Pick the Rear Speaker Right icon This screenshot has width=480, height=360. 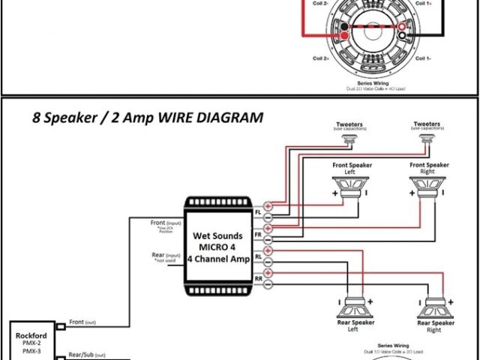pos(434,307)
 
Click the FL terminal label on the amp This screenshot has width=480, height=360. pos(258,212)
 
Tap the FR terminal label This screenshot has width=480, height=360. pos(258,234)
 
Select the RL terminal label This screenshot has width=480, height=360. pos(258,256)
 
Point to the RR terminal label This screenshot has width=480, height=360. pos(258,278)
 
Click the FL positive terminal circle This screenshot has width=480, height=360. pos(268,205)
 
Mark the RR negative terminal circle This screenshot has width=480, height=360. pos(268,283)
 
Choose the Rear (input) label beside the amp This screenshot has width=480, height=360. pos(167,256)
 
